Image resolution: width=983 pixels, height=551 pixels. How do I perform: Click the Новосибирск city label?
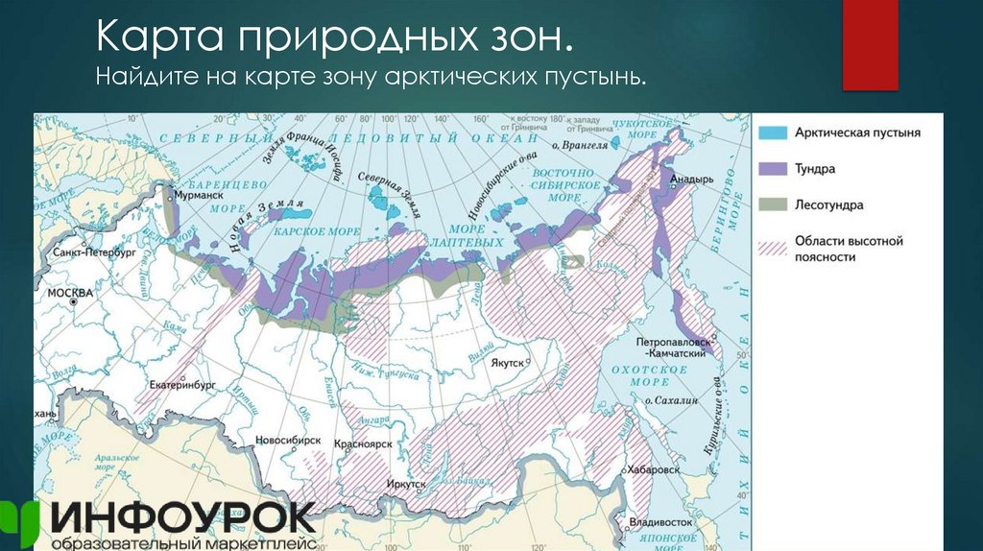click(288, 440)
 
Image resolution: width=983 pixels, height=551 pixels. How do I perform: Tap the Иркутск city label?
click(407, 485)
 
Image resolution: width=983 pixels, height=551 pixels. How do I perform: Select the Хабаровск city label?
click(655, 470)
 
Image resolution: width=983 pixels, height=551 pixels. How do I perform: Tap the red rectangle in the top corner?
click(870, 45)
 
